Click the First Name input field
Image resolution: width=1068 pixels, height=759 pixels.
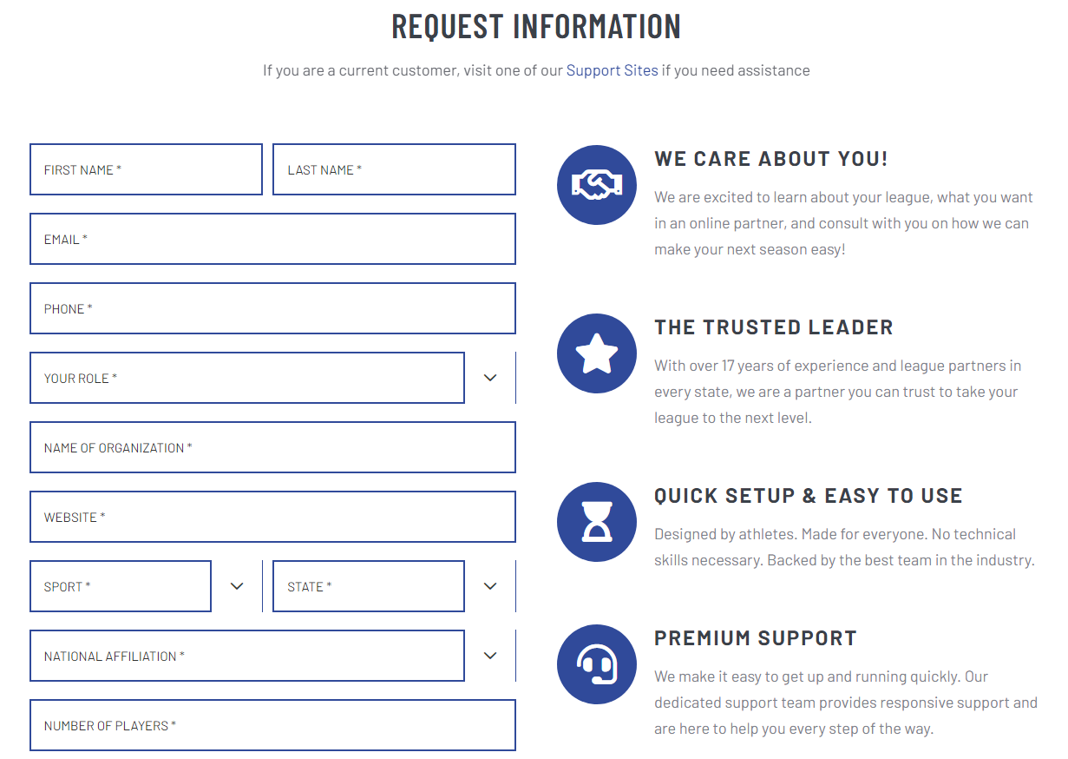click(146, 169)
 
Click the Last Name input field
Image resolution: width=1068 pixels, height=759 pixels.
click(394, 169)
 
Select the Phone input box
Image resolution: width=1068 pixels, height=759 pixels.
click(272, 308)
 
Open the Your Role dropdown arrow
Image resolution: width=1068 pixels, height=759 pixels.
click(490, 378)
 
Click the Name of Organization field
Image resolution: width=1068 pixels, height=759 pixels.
click(272, 447)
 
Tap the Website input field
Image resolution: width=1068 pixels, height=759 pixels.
click(272, 517)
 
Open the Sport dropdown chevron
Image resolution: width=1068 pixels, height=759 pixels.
click(237, 586)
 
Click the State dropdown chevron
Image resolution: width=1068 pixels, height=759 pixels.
click(490, 586)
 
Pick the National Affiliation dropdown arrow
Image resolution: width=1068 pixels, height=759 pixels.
click(490, 656)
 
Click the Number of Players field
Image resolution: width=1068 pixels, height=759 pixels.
click(272, 725)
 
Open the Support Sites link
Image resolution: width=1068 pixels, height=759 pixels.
click(612, 70)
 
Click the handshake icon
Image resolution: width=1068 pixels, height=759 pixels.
click(597, 185)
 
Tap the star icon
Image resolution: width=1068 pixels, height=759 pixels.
click(597, 353)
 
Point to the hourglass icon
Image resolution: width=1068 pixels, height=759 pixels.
click(597, 522)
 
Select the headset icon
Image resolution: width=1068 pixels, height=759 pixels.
click(597, 664)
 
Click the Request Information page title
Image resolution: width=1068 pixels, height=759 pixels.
click(536, 26)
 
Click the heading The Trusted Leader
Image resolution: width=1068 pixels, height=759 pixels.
click(773, 327)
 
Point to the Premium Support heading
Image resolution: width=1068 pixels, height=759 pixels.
click(755, 638)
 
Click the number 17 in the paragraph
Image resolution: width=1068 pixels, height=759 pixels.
click(728, 366)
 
